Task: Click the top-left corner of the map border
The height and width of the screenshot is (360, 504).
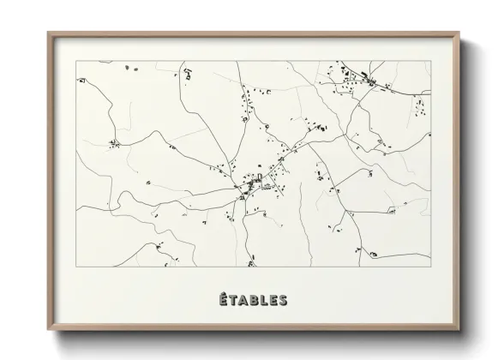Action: pos(76,61)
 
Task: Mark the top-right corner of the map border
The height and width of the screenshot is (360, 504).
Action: pos(429,61)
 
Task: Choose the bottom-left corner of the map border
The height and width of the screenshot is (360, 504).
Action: pos(76,267)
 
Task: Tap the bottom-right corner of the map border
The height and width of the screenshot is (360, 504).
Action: pos(429,267)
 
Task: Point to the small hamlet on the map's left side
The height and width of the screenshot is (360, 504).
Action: pos(112,143)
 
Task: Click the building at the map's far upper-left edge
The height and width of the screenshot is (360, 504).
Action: pos(81,80)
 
